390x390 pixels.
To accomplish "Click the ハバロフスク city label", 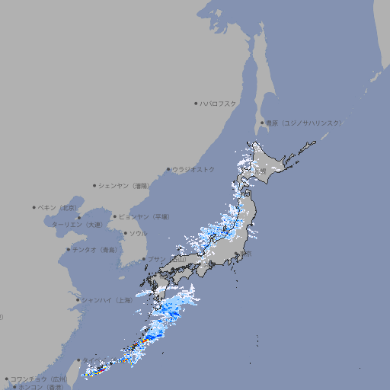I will click(x=218, y=103).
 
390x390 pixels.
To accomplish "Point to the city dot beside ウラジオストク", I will click(x=168, y=170).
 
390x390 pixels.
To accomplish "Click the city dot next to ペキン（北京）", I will click(x=34, y=207).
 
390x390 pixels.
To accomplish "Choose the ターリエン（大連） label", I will click(x=76, y=225).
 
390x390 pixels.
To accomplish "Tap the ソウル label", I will click(x=138, y=233).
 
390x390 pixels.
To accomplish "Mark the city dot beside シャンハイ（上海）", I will click(x=77, y=300).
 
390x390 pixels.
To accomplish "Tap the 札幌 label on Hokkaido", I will click(x=261, y=171).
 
